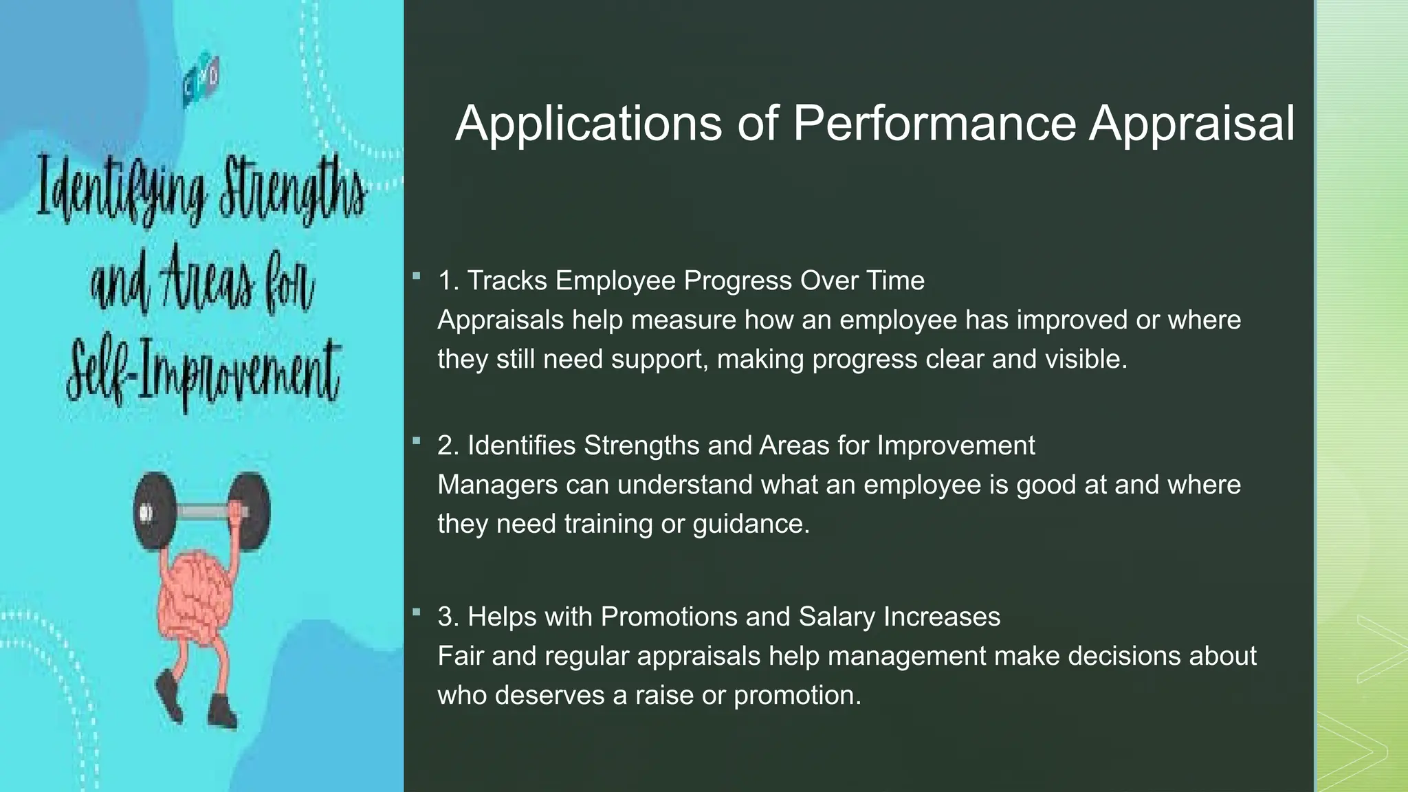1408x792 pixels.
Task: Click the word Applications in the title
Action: [x=588, y=124]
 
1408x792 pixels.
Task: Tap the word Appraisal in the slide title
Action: [x=1191, y=124]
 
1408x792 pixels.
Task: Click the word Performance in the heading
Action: [x=934, y=124]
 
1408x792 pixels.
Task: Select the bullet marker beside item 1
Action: [x=416, y=276]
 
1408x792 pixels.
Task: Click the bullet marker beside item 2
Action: [x=416, y=441]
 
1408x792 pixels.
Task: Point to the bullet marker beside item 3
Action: [x=416, y=611]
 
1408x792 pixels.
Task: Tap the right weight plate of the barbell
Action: [x=251, y=512]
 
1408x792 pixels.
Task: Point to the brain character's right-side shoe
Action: [x=221, y=709]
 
